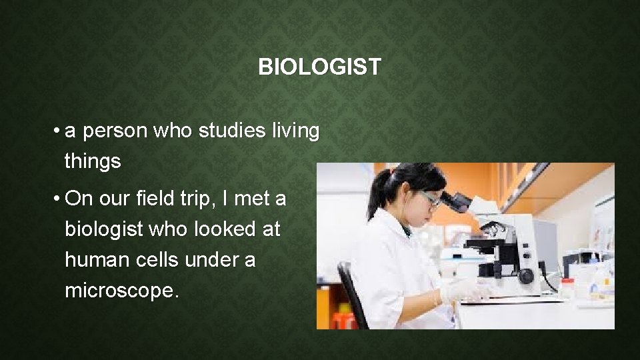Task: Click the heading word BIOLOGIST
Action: pos(319,67)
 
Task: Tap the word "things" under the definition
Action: pos(93,161)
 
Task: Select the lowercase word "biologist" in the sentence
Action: pos(103,229)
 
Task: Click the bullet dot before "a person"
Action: pos(59,132)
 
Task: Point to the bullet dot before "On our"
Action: pos(59,199)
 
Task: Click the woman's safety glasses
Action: pos(430,197)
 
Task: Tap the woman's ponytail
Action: pos(379,193)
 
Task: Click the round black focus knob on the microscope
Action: pos(526,275)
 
